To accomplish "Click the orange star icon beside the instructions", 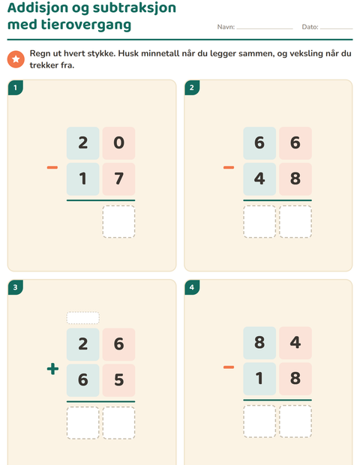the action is coord(16,59).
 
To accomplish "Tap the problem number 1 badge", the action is coord(16,88).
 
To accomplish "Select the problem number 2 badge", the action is coord(192,88).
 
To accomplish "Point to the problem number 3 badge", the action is coord(16,287).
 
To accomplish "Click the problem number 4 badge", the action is coord(192,287).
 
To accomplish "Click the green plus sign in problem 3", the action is coord(52,369).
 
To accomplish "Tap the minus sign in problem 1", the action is coord(52,167).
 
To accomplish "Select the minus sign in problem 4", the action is coord(229,367).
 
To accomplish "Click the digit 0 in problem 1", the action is coord(119,143).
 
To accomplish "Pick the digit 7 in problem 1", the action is coord(119,178).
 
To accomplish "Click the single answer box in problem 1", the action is coord(119,221).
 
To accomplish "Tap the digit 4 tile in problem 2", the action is coord(259,178).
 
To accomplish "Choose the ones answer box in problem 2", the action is coord(295,221).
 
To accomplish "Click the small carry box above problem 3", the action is coord(83,318).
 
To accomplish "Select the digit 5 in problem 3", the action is coord(119,380).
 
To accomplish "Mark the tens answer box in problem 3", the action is coord(83,423).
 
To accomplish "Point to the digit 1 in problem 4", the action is coord(259,379).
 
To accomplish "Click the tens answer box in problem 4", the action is coord(259,421).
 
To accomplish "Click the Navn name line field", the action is coord(265,28).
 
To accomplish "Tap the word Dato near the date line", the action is coord(310,27).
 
